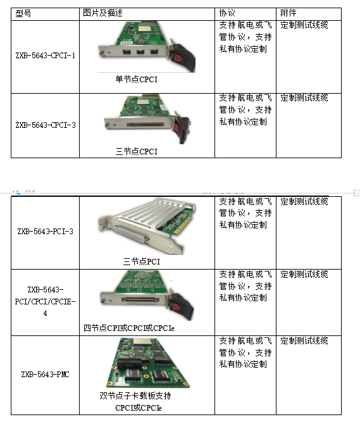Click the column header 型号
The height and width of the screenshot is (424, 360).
tap(23, 13)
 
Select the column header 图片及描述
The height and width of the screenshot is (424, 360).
tap(102, 13)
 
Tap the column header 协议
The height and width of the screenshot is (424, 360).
tap(227, 13)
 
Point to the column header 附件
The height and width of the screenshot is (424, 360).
tap(288, 13)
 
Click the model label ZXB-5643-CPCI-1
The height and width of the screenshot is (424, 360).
tap(46, 56)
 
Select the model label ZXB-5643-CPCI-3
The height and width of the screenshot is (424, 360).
tap(46, 125)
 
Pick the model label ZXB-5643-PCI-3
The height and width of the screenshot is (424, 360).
tap(45, 232)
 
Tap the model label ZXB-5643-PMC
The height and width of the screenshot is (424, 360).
tap(45, 374)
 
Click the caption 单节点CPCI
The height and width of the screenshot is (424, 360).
tap(137, 79)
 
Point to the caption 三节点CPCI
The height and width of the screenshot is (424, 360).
tap(137, 151)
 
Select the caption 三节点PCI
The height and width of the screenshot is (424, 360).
tap(142, 261)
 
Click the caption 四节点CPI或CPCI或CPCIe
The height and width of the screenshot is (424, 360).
tap(129, 328)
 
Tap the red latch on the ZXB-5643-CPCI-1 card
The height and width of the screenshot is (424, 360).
tap(178, 58)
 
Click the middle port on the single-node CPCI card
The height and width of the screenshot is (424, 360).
tap(140, 51)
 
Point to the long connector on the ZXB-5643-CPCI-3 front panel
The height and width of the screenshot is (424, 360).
tap(146, 125)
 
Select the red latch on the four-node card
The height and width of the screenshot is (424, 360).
tap(177, 307)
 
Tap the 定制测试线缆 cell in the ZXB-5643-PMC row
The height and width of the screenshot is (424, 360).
tap(304, 340)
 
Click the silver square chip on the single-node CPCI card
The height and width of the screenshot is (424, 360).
tap(145, 28)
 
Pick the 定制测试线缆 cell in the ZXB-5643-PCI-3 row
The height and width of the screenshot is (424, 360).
tap(304, 201)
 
